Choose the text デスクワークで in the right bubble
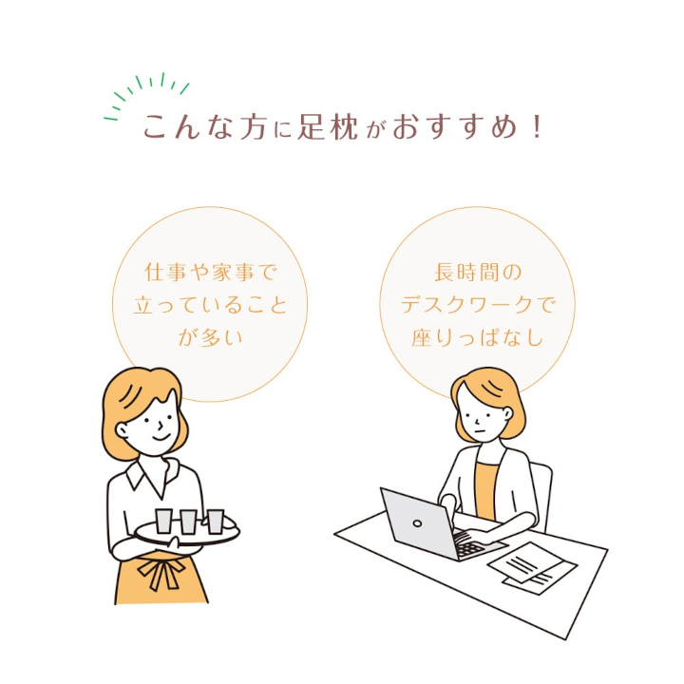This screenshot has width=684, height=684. tap(476, 304)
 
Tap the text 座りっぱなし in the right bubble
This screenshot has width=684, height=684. tap(476, 336)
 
